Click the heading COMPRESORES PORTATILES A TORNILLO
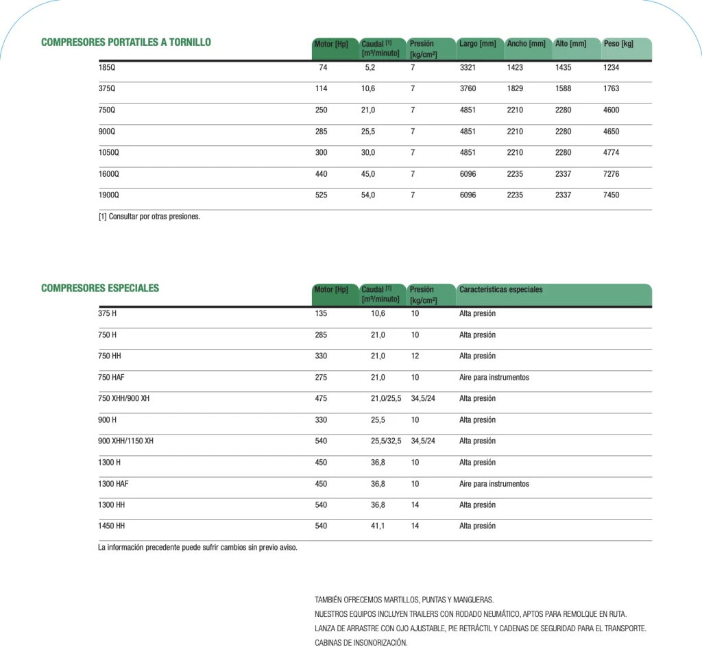[126, 42]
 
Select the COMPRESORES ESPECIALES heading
[100, 288]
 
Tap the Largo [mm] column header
[478, 44]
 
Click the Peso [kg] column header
[618, 44]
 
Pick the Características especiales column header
[500, 289]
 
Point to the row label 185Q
[107, 68]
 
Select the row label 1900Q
[109, 195]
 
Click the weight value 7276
[611, 174]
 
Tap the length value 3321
[468, 68]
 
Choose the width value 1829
[515, 88]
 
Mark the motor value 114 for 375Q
[321, 88]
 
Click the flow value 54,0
[368, 195]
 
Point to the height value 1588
[563, 88]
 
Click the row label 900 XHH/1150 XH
[126, 441]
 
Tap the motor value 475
[321, 399]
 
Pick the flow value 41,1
[378, 526]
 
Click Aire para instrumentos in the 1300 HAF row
[494, 484]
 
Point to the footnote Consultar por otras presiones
[149, 217]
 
